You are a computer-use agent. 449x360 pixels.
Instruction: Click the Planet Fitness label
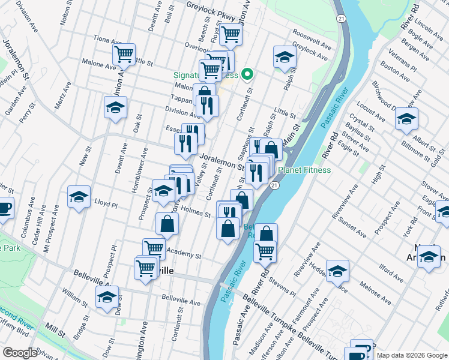pos(304,170)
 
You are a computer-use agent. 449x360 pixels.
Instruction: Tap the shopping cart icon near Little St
pos(124,54)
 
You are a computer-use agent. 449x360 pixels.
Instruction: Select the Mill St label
pos(55,331)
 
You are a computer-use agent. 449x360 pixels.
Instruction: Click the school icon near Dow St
pos(107,297)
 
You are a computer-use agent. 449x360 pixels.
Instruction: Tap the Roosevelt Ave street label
pos(312,38)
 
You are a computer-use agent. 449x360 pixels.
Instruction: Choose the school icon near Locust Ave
pos(406,119)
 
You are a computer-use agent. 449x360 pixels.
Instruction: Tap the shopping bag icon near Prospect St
pos(167,225)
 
